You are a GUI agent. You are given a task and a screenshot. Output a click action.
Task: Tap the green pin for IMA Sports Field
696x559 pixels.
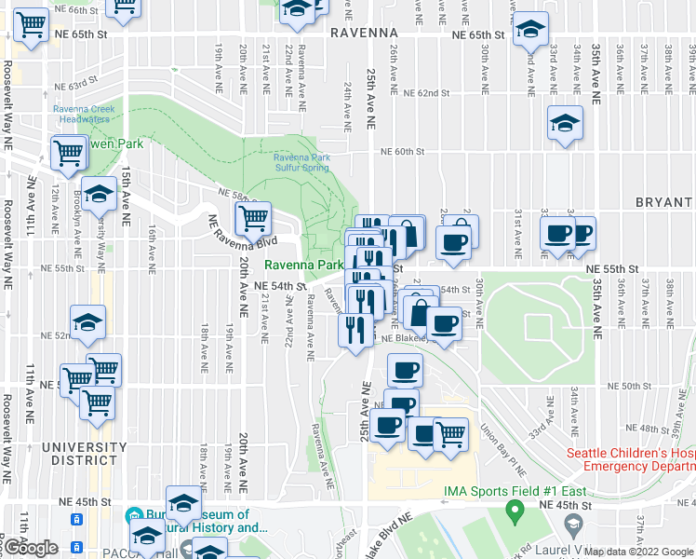click(x=512, y=511)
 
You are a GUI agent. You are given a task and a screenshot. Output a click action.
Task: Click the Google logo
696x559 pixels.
click(x=31, y=549)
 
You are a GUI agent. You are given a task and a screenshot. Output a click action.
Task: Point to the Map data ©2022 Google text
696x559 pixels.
click(x=637, y=552)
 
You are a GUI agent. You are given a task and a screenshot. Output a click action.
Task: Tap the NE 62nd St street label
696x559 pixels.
click(x=426, y=94)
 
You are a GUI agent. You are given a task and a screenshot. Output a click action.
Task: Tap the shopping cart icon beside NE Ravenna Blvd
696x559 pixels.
click(x=252, y=218)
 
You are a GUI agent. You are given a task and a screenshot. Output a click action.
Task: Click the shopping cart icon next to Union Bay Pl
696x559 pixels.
click(x=450, y=432)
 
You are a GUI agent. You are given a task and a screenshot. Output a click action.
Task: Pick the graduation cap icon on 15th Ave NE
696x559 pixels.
click(x=98, y=193)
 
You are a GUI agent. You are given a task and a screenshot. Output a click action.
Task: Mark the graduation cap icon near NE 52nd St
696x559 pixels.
click(x=88, y=321)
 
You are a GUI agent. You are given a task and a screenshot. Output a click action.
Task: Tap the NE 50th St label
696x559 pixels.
click(x=628, y=385)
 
